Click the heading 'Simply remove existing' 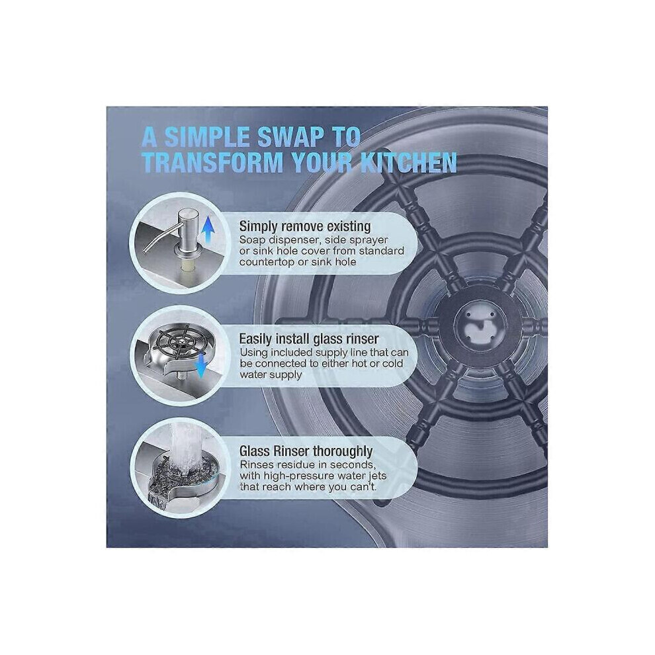click(304, 226)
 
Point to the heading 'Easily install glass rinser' click(309, 339)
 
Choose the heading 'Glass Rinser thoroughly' click(306, 451)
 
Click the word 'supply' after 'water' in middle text click(286, 374)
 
